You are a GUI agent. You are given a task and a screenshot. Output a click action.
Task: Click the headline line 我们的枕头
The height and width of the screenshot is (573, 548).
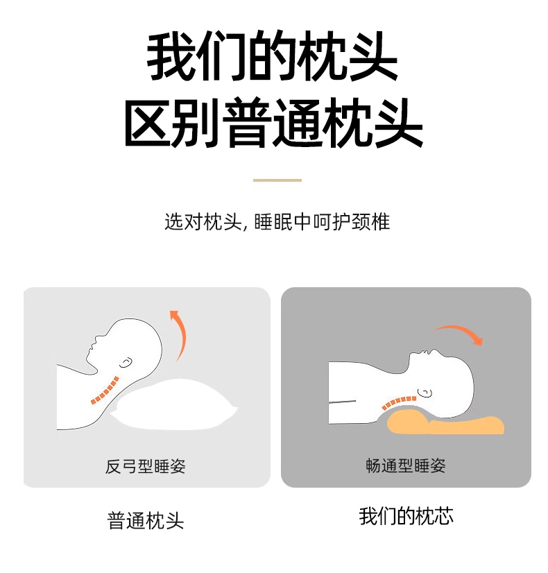click(x=272, y=56)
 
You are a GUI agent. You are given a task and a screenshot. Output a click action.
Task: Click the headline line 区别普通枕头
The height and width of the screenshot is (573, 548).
click(x=273, y=123)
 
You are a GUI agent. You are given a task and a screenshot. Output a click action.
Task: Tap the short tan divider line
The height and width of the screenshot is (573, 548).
click(x=277, y=180)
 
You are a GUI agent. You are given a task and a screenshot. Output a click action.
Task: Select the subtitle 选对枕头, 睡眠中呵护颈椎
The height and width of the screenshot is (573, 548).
click(x=277, y=222)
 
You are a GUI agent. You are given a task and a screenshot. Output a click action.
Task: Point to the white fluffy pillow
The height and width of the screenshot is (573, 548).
click(x=175, y=404)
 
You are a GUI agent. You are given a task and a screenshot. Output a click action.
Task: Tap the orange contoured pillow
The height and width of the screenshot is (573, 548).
click(x=446, y=422)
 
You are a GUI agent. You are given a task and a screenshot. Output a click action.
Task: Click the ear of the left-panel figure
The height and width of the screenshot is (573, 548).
click(x=126, y=362)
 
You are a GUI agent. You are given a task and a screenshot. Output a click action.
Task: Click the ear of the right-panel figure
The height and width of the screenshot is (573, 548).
click(x=425, y=393)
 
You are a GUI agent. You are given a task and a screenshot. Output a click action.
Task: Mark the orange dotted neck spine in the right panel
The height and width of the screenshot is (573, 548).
click(x=399, y=402)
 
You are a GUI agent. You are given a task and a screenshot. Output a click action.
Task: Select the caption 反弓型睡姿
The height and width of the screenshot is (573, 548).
click(x=146, y=466)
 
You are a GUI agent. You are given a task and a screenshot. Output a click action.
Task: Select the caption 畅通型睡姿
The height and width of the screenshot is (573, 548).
click(x=406, y=466)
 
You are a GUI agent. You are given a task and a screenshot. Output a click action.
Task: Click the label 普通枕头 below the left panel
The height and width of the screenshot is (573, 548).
click(x=146, y=520)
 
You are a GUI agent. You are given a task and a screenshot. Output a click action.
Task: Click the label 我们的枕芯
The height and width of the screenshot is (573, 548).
click(x=406, y=516)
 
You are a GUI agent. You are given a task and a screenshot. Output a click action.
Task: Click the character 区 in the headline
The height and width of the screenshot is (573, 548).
click(x=148, y=123)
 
